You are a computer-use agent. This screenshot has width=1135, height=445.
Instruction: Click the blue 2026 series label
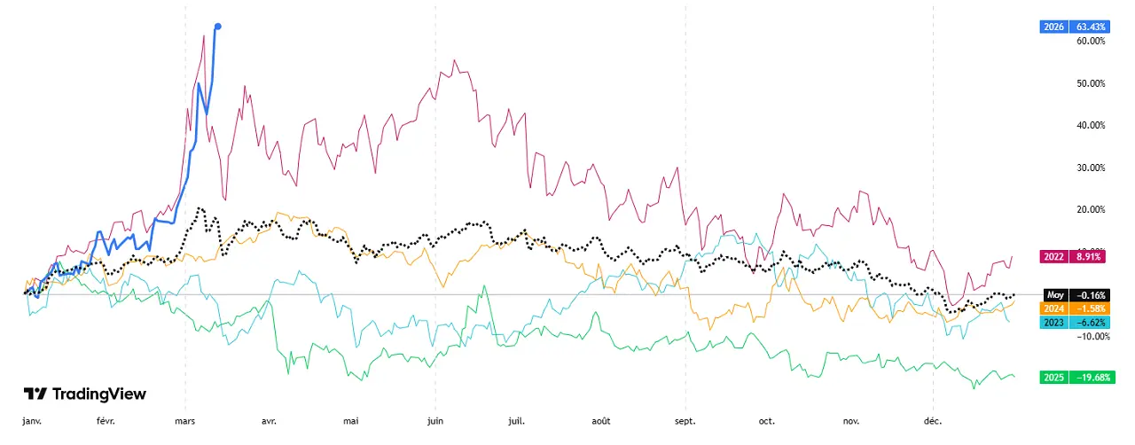click(1054, 27)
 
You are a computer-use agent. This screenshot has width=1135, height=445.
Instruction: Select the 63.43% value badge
click(1088, 27)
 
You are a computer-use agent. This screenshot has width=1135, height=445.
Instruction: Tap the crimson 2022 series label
click(1054, 257)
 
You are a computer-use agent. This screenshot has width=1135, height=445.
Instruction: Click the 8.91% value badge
click(1088, 257)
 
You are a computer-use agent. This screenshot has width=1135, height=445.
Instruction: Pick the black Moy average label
click(1054, 295)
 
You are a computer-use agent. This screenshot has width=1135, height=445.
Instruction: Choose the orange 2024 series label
click(1054, 308)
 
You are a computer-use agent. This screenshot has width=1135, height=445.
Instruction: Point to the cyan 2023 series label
click(1054, 323)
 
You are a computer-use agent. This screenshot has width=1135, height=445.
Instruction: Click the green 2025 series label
click(1054, 377)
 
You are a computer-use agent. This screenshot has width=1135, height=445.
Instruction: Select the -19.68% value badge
click(1088, 377)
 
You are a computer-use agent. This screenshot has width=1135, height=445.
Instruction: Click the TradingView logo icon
click(35, 394)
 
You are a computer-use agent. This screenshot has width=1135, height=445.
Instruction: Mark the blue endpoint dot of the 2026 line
click(218, 27)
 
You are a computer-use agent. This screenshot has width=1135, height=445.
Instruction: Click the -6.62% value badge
click(1088, 323)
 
